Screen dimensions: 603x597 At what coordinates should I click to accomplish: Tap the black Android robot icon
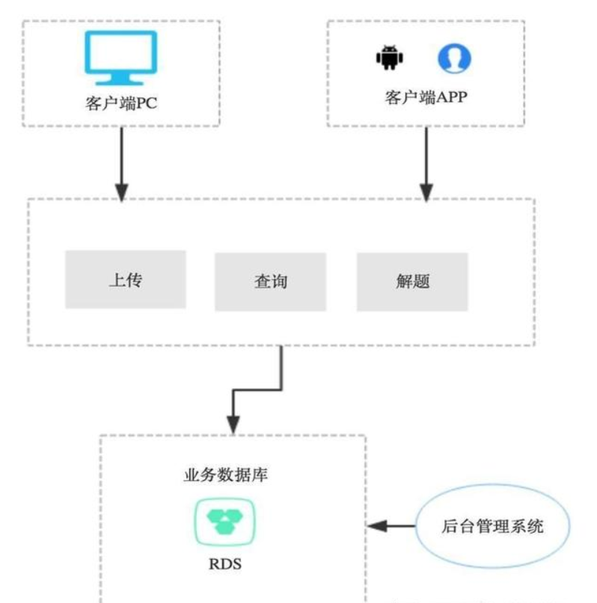click(x=388, y=58)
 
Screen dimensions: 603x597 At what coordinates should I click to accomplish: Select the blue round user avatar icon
click(x=454, y=58)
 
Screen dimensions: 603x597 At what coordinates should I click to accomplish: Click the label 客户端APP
click(x=426, y=98)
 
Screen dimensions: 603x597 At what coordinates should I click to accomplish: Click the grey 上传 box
click(x=125, y=280)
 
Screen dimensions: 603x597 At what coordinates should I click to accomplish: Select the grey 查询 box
click(x=270, y=282)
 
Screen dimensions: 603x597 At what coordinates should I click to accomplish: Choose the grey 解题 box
click(x=412, y=282)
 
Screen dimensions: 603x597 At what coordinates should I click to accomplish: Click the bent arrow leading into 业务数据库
click(x=254, y=389)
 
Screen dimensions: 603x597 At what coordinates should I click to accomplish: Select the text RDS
click(x=225, y=563)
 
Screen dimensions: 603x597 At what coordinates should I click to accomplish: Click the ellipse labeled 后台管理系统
click(x=492, y=526)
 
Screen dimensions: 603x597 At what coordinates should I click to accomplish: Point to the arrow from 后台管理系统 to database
click(x=394, y=526)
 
